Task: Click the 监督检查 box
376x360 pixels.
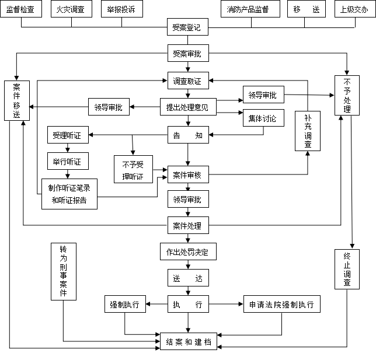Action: [x=21, y=9]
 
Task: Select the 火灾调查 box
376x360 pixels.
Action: [x=71, y=9]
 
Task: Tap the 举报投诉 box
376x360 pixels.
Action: [x=121, y=9]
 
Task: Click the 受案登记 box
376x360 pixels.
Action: [x=187, y=27]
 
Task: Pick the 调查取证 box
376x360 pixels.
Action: [x=187, y=82]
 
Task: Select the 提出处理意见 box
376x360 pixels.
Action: [x=187, y=107]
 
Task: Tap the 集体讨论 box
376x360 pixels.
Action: [x=263, y=118]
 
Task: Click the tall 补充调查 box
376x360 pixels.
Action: [x=308, y=130]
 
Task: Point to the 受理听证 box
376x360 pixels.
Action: [x=68, y=135]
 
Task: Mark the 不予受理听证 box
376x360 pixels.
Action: [x=133, y=167]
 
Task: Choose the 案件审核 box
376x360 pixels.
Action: [x=187, y=174]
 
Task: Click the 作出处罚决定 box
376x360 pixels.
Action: [x=187, y=252]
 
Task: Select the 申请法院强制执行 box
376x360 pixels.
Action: [x=282, y=305]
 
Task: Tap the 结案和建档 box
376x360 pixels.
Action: [x=187, y=340]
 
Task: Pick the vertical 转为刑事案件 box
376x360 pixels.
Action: [x=64, y=271]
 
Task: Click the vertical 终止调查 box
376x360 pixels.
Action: [x=347, y=268]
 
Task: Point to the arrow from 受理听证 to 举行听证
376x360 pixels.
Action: [x=68, y=148]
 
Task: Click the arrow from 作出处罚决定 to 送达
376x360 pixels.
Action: [x=187, y=265]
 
